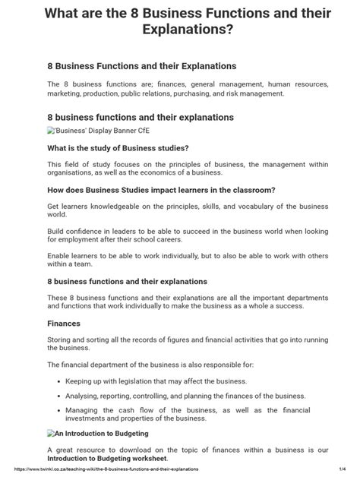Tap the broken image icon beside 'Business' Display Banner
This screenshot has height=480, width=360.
point(50,130)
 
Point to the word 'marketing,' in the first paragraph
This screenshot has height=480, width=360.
point(65,93)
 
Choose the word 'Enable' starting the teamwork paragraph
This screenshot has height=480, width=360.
point(61,259)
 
